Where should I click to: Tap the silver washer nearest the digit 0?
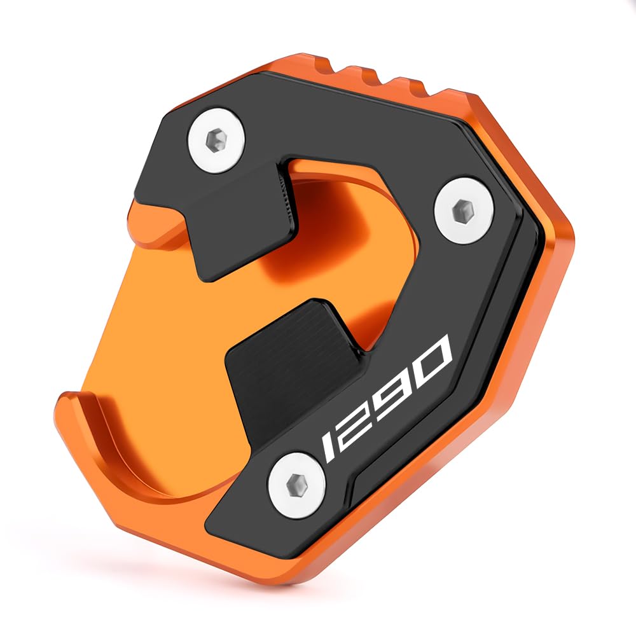[464, 210]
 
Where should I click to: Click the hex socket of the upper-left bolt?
[216, 140]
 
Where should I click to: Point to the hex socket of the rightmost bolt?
[463, 210]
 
